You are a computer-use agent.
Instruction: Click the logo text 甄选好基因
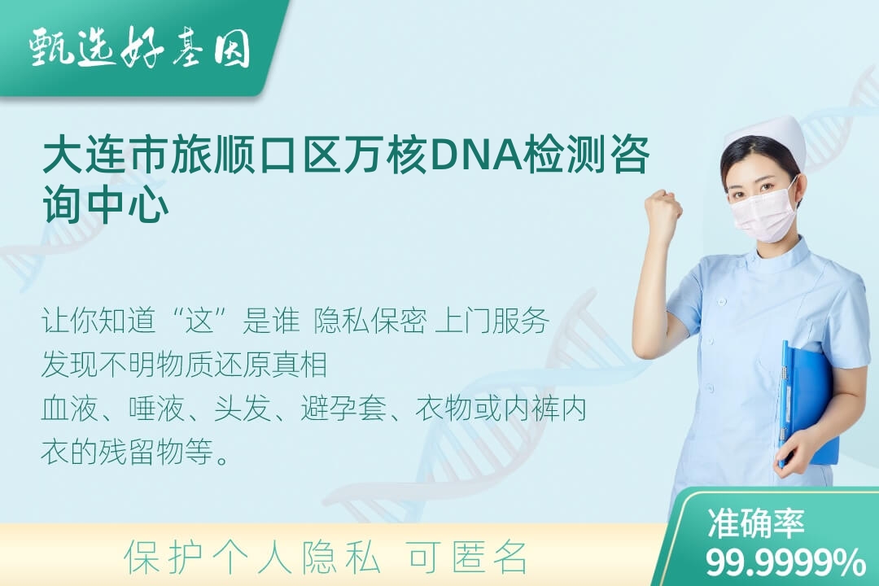tap(139, 48)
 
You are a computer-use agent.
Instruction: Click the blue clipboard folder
tap(807, 405)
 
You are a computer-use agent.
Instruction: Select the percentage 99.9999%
tap(785, 562)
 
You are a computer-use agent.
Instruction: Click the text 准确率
tap(755, 523)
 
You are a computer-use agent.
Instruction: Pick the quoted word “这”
tap(200, 321)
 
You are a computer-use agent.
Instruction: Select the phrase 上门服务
tap(492, 321)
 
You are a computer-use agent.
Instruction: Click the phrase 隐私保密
tap(370, 321)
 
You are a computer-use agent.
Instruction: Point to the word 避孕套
tap(343, 409)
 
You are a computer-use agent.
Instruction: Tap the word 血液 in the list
tap(69, 409)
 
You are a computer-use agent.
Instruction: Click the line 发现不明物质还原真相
tap(184, 365)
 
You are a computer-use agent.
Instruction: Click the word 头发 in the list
tap(243, 409)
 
